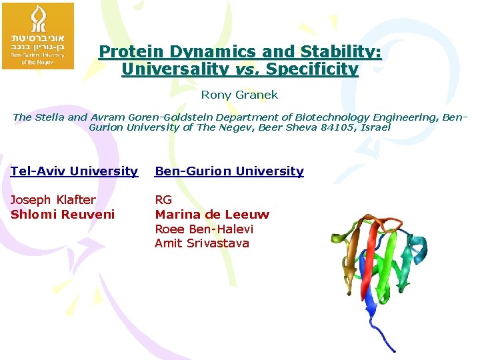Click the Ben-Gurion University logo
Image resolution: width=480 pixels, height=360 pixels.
pos(38,35)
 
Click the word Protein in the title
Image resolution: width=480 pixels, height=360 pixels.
pos(128,52)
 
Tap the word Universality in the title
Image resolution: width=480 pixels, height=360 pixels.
pos(175,69)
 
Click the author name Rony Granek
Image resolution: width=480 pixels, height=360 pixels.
pos(240,95)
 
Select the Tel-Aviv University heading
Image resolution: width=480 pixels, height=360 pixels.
pos(74,171)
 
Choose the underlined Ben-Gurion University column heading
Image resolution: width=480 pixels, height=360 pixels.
pos(229,171)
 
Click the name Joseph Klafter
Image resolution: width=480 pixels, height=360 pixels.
pos(53,200)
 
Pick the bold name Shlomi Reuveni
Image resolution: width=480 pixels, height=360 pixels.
pos(63,214)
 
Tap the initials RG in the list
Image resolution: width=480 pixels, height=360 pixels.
pos(163,200)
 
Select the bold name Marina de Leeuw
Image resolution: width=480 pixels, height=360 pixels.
pos(212,214)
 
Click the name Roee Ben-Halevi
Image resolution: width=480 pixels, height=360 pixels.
pos(204,229)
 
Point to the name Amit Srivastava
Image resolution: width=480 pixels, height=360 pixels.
pos(202,243)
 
